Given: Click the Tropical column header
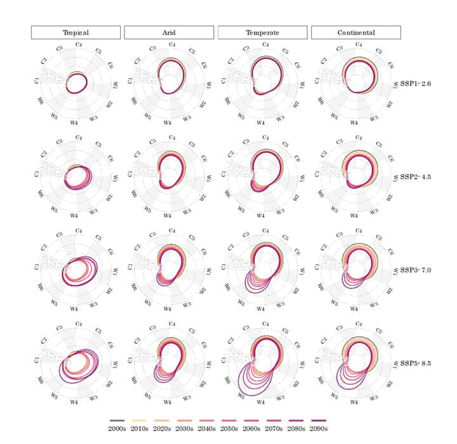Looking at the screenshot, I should pos(75,32).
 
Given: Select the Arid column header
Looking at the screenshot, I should pos(168,32).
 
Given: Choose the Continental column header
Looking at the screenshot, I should pos(355,32).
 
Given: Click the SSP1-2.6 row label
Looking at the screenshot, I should pos(416,83).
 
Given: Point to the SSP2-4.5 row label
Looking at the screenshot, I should pos(416,176).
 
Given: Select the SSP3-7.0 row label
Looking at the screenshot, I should pos(416,270).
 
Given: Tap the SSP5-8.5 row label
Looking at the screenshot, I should pos(416,363).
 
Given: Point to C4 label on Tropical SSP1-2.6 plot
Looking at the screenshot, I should pos(77,45).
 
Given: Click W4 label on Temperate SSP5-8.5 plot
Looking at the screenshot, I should pos(262,402).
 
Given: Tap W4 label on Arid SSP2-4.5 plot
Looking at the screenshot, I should pos(168,216).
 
